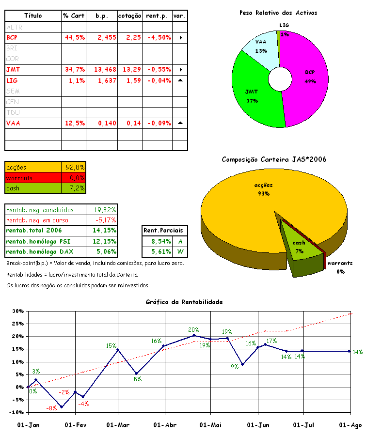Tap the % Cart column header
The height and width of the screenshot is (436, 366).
(74, 16)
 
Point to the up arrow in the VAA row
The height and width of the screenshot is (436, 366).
(180, 123)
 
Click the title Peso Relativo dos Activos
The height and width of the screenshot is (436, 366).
(278, 13)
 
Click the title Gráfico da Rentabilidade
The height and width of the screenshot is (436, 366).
(184, 302)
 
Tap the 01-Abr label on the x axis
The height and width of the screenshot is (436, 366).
(164, 425)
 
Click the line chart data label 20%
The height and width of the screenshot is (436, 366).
(193, 330)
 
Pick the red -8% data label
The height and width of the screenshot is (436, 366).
(51, 409)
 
